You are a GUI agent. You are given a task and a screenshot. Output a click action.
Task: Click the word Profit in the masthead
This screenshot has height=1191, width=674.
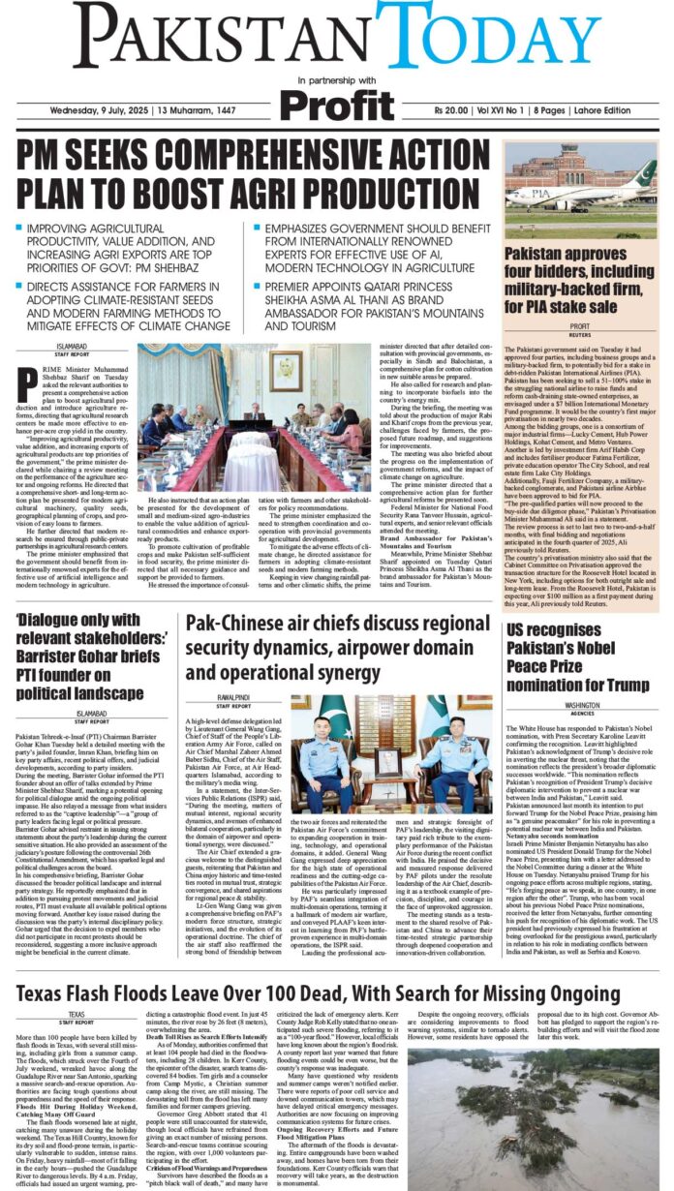click(337, 104)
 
